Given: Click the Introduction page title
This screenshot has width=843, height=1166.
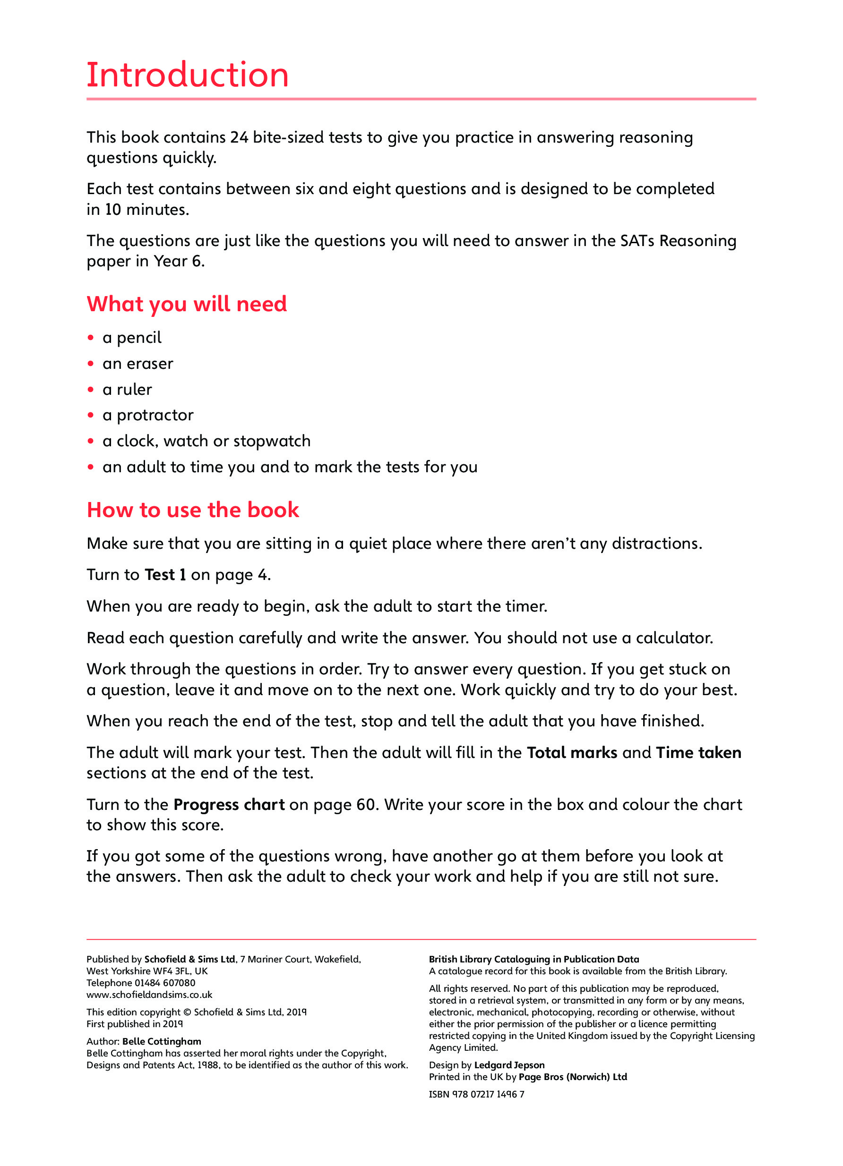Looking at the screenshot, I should tap(187, 75).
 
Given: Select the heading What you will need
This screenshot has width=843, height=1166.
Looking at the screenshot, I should tap(187, 304).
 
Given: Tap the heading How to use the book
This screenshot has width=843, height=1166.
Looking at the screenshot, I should tap(193, 510).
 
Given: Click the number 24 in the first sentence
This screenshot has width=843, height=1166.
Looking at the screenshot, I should tap(239, 138).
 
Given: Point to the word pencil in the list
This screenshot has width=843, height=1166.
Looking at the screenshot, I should tap(139, 338).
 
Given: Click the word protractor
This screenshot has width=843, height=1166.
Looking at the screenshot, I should tap(155, 416).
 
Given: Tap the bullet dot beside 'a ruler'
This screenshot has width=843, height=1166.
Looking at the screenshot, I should tap(91, 390).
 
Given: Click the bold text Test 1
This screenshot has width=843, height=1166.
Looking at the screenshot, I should tap(165, 575).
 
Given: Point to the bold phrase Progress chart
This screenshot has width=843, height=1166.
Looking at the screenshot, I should tap(229, 805).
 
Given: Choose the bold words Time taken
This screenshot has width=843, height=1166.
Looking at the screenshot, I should tap(698, 753).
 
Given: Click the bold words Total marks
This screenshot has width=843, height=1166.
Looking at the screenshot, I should tap(571, 753).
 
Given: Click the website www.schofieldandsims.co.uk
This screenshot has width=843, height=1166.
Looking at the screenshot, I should tap(149, 995).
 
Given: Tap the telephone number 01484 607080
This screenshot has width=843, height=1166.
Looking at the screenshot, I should tap(164, 983).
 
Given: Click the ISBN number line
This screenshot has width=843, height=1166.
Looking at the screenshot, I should tap(476, 1094).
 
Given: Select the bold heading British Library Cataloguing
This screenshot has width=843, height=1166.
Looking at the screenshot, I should tap(533, 959).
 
